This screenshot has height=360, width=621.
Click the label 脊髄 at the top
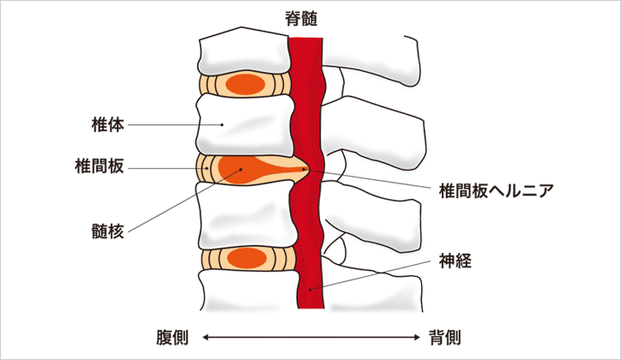point(310,16)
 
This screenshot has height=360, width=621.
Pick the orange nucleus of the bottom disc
point(246,256)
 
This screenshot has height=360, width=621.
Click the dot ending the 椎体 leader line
point(222,125)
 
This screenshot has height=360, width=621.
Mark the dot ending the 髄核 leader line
point(241,170)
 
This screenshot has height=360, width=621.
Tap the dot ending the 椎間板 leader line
point(207,169)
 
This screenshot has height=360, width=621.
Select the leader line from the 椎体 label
point(176,125)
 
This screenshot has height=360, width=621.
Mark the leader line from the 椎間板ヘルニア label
point(369,178)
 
